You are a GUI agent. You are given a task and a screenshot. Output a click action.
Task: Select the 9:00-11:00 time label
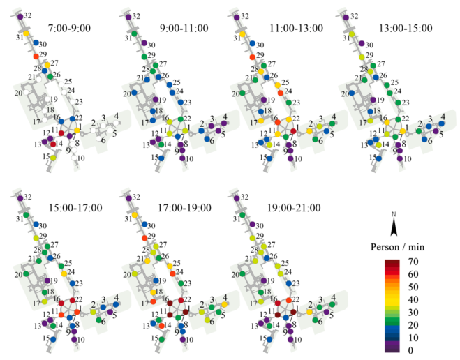point(184,28)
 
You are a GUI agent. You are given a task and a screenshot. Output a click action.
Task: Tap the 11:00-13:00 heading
point(295,28)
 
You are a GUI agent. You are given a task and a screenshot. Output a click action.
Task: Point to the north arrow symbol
point(394,225)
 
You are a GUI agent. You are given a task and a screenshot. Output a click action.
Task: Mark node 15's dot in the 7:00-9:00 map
point(53,157)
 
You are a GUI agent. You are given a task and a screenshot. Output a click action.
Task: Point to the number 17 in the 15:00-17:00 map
point(34,302)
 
